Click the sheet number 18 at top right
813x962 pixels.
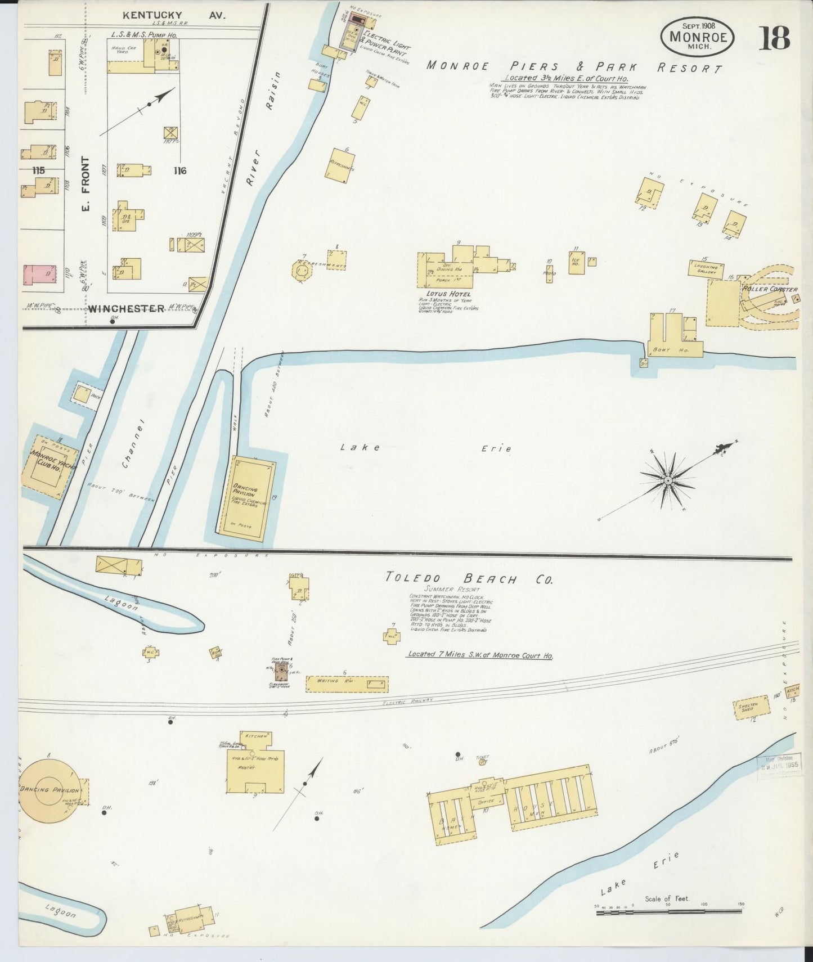tap(776, 38)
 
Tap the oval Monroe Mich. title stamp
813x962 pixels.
tap(698, 37)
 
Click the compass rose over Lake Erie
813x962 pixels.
tap(668, 480)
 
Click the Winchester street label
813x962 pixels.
tap(125, 308)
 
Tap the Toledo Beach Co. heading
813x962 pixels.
tap(469, 578)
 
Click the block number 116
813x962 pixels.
tap(180, 170)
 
